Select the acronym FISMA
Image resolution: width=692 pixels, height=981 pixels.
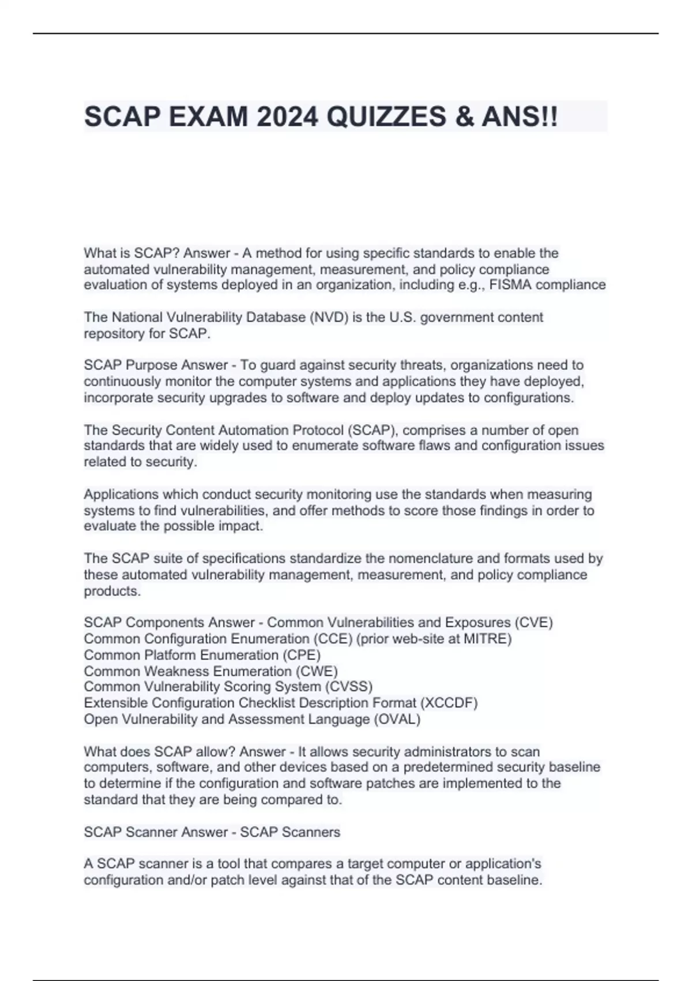click(x=513, y=284)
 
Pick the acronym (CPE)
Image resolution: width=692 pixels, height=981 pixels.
click(x=301, y=655)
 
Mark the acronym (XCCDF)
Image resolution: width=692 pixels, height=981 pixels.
click(x=449, y=703)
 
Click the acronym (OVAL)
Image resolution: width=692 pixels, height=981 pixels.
click(x=397, y=719)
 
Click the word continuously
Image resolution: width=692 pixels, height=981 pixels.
click(x=122, y=381)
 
